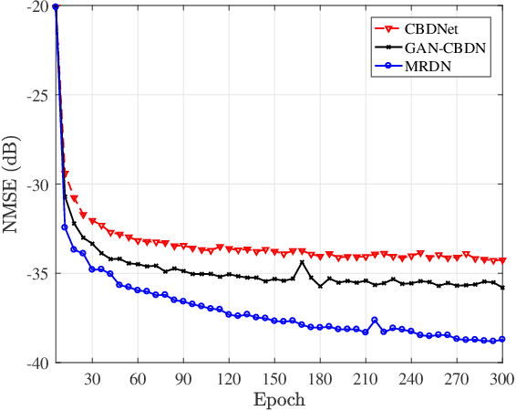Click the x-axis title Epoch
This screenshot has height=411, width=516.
(280, 400)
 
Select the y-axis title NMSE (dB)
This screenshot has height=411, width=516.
(13, 185)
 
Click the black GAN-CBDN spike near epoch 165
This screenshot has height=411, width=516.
(302, 262)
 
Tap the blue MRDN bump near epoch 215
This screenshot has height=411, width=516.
(375, 320)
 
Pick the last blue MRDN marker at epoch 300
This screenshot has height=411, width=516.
(501, 339)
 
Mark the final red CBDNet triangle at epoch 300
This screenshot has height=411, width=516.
(501, 260)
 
